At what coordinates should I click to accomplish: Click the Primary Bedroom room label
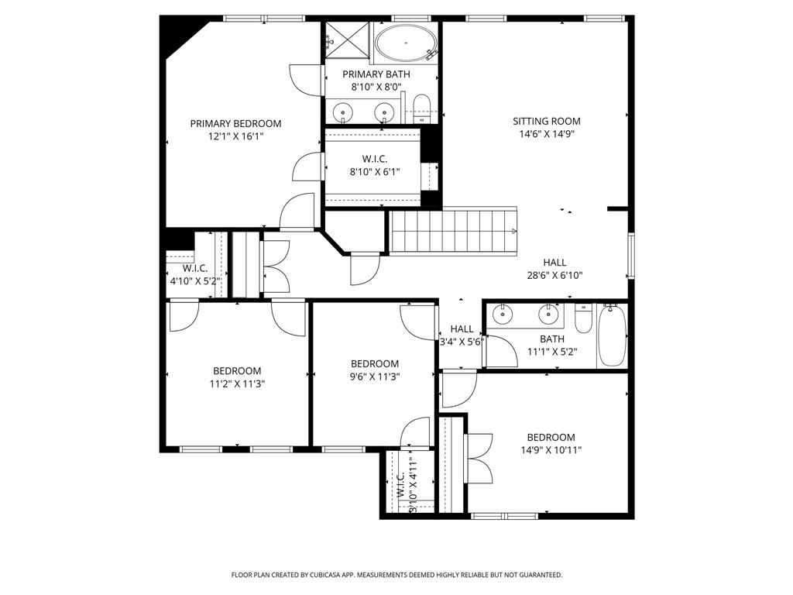click(x=235, y=123)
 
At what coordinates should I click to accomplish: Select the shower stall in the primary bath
click(x=346, y=38)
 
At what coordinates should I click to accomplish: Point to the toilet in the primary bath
click(x=422, y=108)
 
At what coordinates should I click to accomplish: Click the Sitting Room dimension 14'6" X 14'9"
click(x=546, y=133)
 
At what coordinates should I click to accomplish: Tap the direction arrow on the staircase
click(x=514, y=231)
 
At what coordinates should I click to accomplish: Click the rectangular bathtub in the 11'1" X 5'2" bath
click(x=611, y=335)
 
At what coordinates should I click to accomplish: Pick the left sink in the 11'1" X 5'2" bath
click(x=503, y=314)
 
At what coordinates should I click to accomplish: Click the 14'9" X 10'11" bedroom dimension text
click(x=551, y=449)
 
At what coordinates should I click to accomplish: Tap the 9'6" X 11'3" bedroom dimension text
click(x=375, y=377)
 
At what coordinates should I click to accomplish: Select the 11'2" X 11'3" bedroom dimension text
click(x=237, y=383)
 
